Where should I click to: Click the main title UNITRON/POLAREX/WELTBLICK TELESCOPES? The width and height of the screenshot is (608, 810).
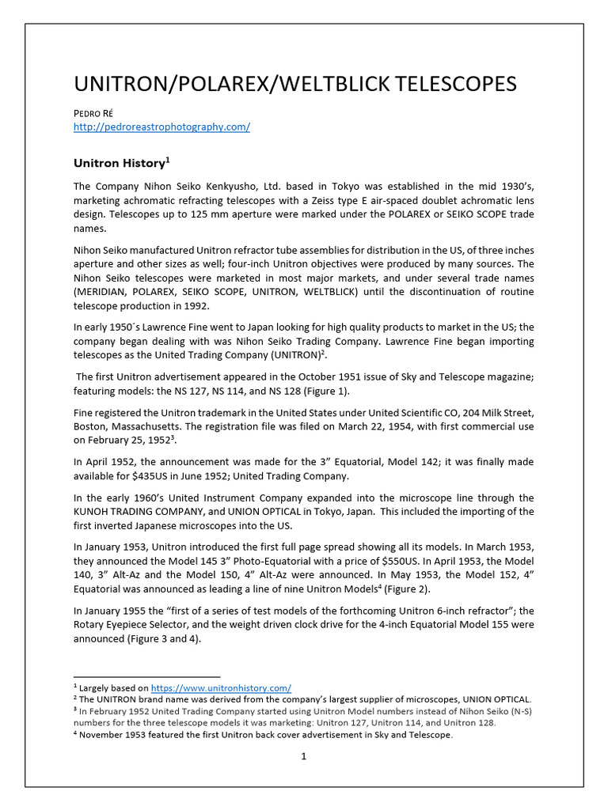coord(294,84)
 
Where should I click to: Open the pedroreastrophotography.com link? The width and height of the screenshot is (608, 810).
coord(161,127)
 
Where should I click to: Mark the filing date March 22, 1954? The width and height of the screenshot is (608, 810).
coord(362,426)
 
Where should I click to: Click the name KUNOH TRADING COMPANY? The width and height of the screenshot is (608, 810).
coord(139,512)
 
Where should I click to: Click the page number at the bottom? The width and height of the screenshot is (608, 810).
coord(303,757)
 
